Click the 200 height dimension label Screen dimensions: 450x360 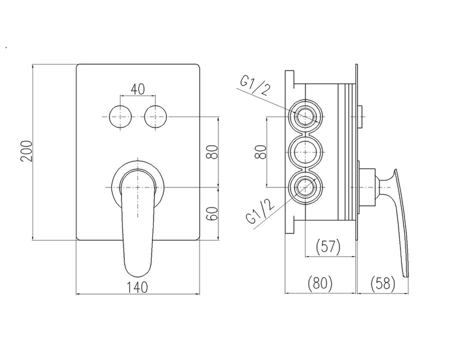pos(26,151)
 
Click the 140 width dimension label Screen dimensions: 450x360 pos(138,287)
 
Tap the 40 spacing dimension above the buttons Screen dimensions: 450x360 pos(138,89)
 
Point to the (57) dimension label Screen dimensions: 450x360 pos(328,246)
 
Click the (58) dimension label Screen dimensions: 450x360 pos(383,283)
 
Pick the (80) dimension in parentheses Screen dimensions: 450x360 pos(319,283)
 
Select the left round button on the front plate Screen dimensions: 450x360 pos(120,117)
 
